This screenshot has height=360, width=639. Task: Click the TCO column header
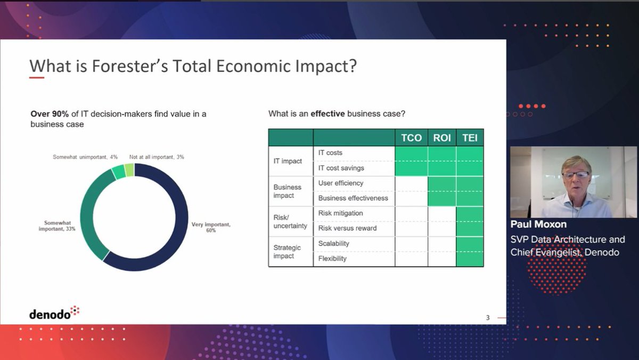(x=411, y=138)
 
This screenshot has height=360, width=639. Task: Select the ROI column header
(x=442, y=138)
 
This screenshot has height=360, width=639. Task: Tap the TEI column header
(x=470, y=138)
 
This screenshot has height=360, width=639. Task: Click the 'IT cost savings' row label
(x=341, y=168)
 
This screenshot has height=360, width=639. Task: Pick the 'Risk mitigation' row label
(x=340, y=213)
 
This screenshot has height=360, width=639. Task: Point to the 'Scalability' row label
(x=333, y=243)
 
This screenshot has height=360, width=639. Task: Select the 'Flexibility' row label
(x=332, y=258)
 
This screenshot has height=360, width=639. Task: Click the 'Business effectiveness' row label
(x=353, y=198)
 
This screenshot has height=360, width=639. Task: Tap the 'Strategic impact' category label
(x=287, y=252)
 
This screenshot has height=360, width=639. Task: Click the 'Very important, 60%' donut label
(x=210, y=227)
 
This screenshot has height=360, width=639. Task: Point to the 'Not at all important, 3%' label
(x=157, y=157)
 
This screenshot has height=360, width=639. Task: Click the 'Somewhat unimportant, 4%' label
(x=85, y=157)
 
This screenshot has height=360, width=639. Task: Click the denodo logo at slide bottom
(x=54, y=313)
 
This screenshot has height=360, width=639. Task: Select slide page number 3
(x=487, y=318)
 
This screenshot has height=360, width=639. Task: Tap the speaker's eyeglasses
(x=575, y=175)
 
